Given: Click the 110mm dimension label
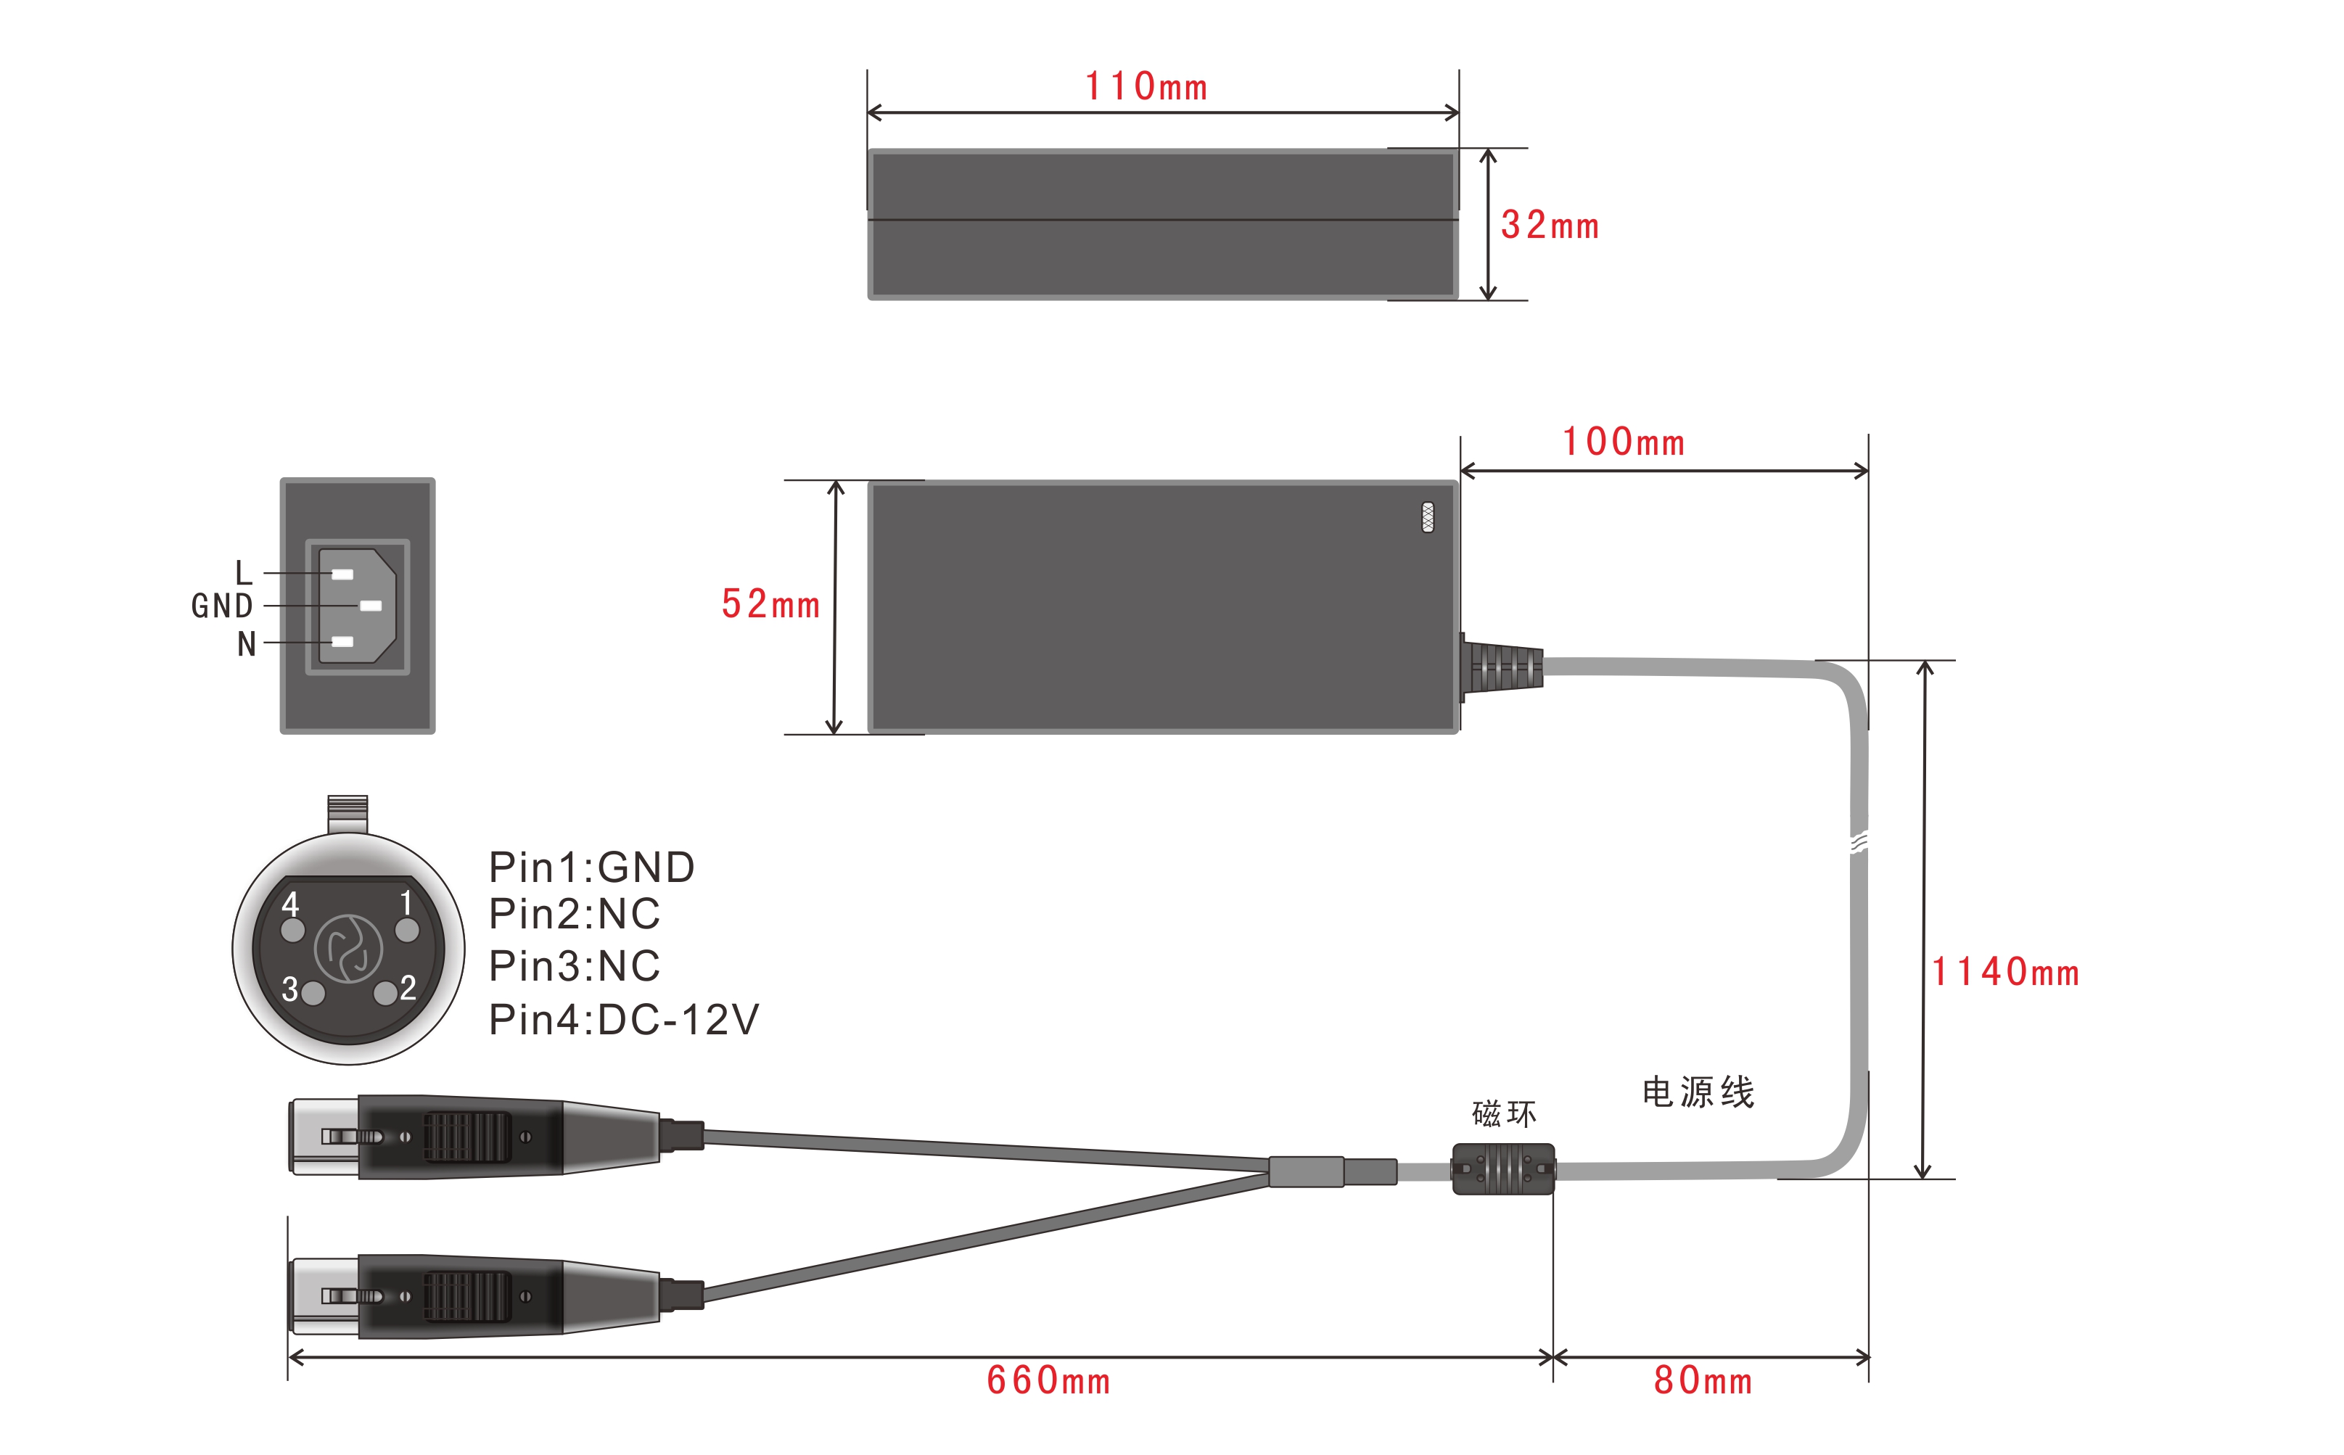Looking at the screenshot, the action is [x=1146, y=86].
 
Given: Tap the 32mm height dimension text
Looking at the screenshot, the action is [x=1550, y=225].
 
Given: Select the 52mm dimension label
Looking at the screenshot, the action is [x=770, y=604].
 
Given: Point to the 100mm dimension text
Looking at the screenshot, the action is [x=1624, y=442].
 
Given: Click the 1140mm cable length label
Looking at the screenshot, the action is [x=2006, y=972].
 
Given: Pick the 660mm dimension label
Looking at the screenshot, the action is [x=1049, y=1381].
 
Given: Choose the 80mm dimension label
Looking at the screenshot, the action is [x=1703, y=1381].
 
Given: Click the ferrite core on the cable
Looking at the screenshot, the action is [x=1503, y=1169].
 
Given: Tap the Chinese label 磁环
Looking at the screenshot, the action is [x=1504, y=1113].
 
